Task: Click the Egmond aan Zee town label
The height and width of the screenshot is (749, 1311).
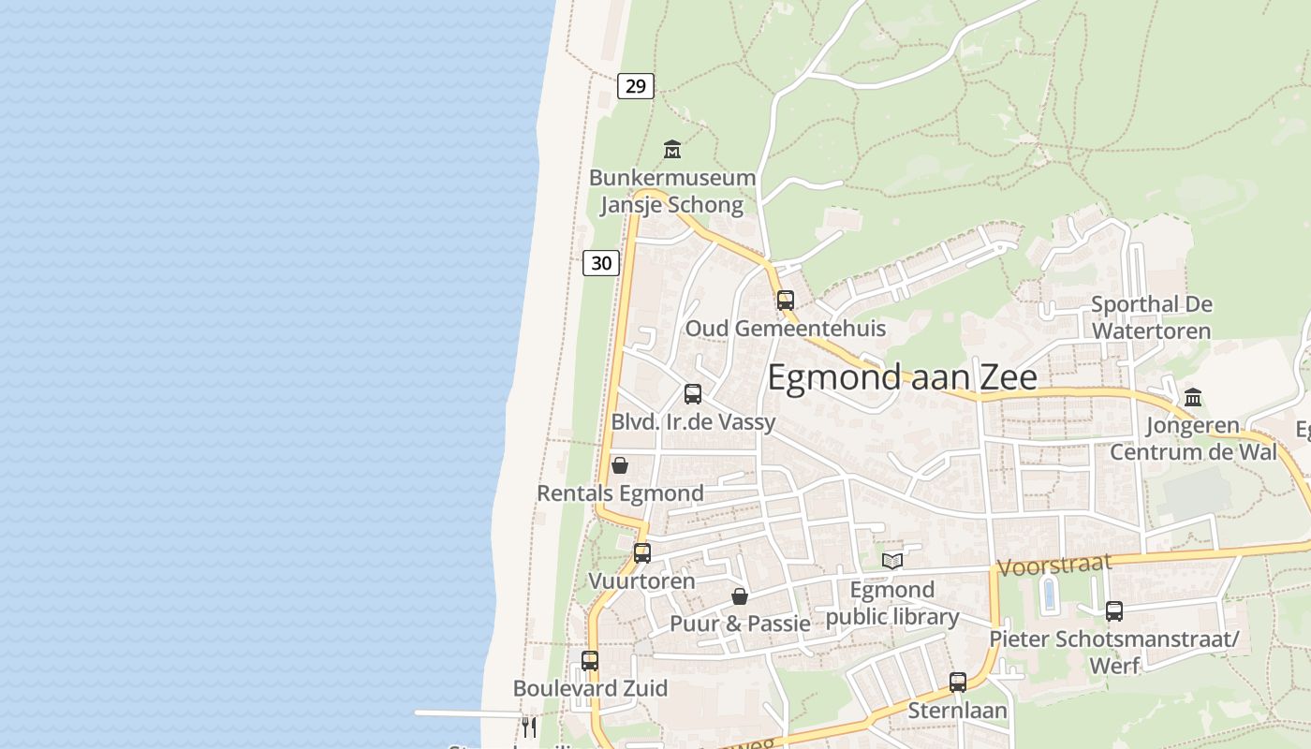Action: (x=902, y=376)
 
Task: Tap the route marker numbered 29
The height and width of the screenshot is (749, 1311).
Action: (x=636, y=86)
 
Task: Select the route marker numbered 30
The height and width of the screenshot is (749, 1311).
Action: (x=601, y=263)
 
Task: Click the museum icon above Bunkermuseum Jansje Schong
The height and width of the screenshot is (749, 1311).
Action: (x=672, y=149)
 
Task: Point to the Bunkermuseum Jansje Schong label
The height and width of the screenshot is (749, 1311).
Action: (x=671, y=191)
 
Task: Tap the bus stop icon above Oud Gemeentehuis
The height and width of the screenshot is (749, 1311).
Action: (x=786, y=301)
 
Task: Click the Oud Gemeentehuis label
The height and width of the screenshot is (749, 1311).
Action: (x=785, y=329)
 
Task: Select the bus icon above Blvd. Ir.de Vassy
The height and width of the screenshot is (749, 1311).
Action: (x=693, y=394)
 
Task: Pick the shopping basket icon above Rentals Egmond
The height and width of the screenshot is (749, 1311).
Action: (x=620, y=465)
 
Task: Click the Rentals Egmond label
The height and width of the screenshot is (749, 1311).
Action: (x=620, y=493)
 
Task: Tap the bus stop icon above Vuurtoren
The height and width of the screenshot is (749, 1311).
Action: (x=642, y=552)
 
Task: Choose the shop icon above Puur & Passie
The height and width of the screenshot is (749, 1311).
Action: (x=740, y=596)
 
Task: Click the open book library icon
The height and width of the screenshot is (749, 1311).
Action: (x=892, y=561)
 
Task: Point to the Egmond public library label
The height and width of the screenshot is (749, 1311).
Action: (x=891, y=603)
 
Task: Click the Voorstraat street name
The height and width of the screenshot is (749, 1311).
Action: (x=1054, y=565)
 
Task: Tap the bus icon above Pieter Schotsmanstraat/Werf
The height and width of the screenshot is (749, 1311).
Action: (x=1114, y=611)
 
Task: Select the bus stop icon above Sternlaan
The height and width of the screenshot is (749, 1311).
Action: (x=958, y=683)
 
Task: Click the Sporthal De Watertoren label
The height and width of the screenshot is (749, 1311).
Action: (x=1151, y=317)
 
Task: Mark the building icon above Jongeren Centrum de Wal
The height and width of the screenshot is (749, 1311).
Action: (x=1193, y=397)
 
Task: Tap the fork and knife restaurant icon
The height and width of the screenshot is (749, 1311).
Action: (x=530, y=727)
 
